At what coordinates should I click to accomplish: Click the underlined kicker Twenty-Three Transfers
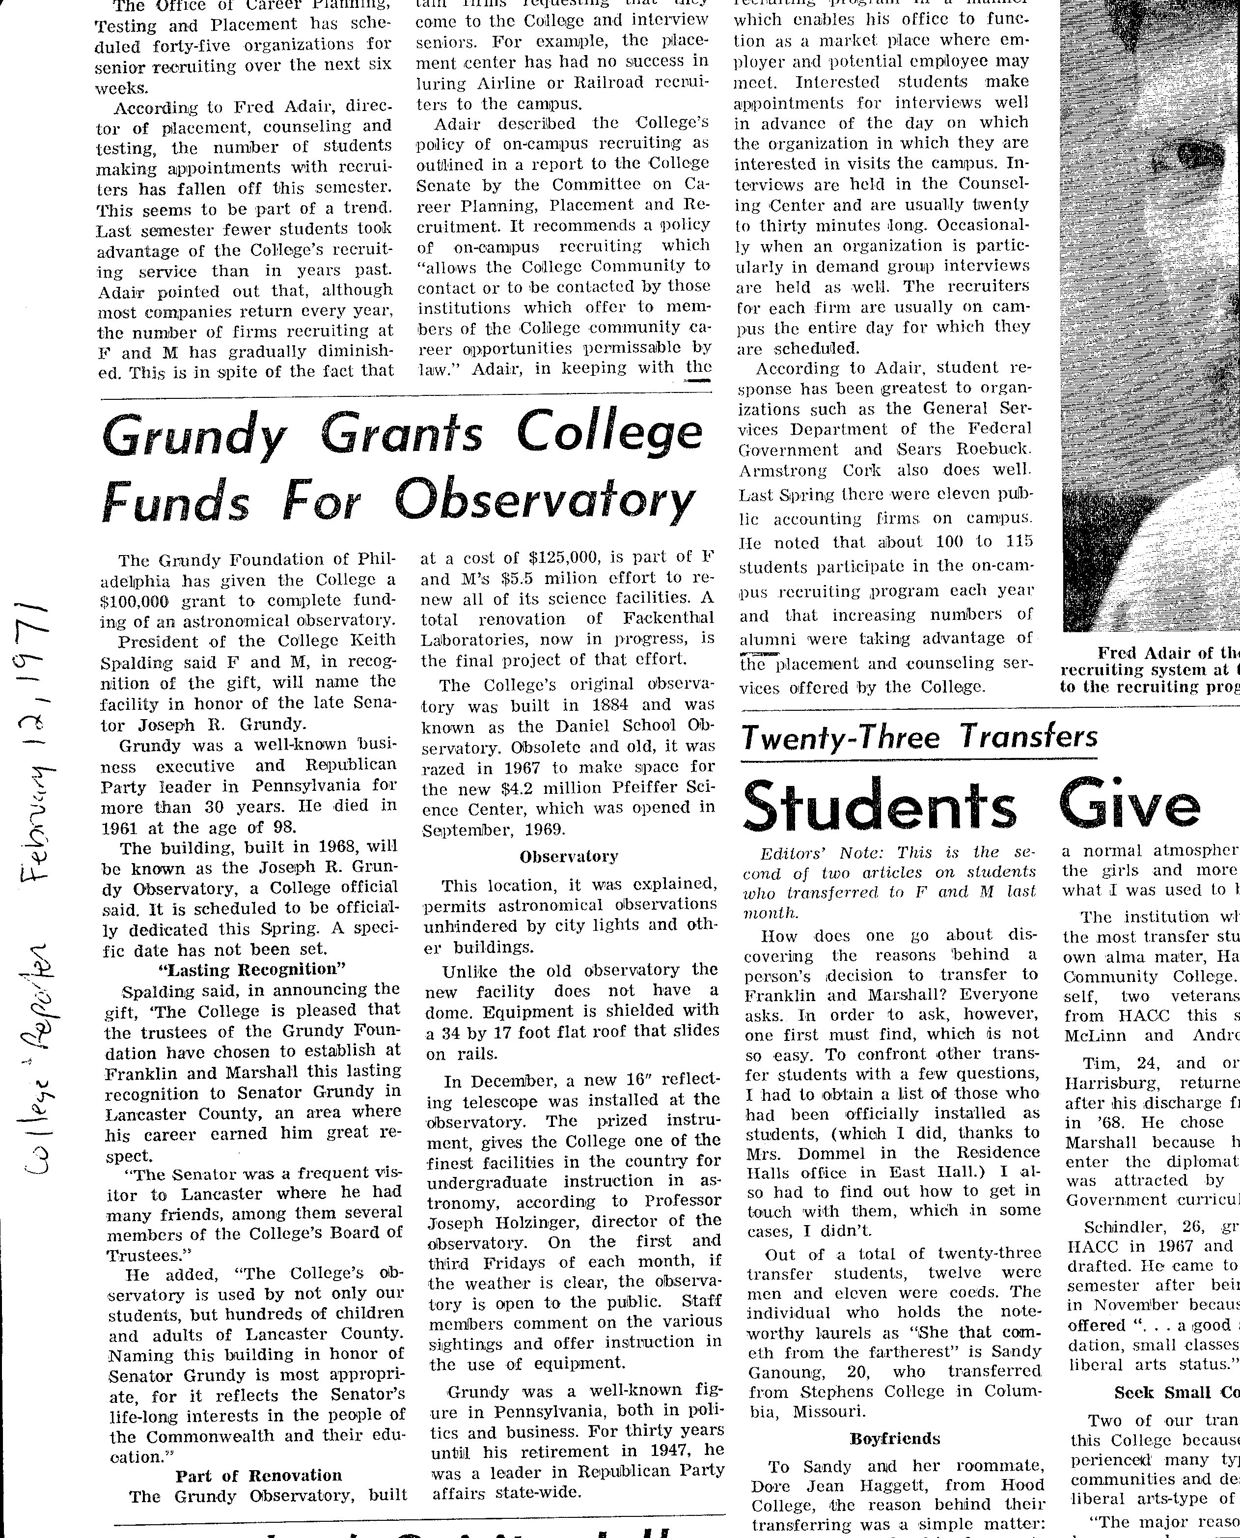click(x=919, y=736)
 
